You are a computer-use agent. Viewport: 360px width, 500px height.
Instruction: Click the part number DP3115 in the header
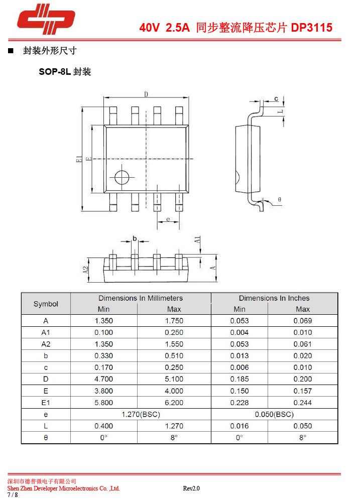tap(312, 28)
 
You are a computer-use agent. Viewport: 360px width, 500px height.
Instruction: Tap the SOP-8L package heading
tap(65, 72)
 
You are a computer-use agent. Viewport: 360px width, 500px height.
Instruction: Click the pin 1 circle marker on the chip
tap(122, 177)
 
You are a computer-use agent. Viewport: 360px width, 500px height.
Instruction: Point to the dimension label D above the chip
tap(146, 94)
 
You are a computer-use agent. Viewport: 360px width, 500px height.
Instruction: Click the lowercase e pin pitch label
tap(168, 219)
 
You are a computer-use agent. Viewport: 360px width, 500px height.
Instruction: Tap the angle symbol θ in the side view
tap(279, 199)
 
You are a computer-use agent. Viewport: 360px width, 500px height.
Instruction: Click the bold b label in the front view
tap(135, 238)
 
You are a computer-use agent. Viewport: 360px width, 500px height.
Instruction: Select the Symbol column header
tap(46, 304)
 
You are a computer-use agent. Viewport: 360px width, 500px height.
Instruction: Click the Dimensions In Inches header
tap(274, 298)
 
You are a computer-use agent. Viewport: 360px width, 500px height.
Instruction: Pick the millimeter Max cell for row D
tap(174, 379)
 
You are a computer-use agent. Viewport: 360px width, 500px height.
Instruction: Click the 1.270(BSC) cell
tap(141, 414)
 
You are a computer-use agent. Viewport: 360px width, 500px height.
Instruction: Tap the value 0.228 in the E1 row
tap(239, 403)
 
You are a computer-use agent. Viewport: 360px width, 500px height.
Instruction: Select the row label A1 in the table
tap(46, 332)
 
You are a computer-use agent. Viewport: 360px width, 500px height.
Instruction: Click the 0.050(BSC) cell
tap(274, 414)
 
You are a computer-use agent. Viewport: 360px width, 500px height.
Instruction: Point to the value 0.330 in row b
tap(103, 356)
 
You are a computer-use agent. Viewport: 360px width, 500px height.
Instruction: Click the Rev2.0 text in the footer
tap(191, 488)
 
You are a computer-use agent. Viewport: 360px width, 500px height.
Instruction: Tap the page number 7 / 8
tap(13, 494)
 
